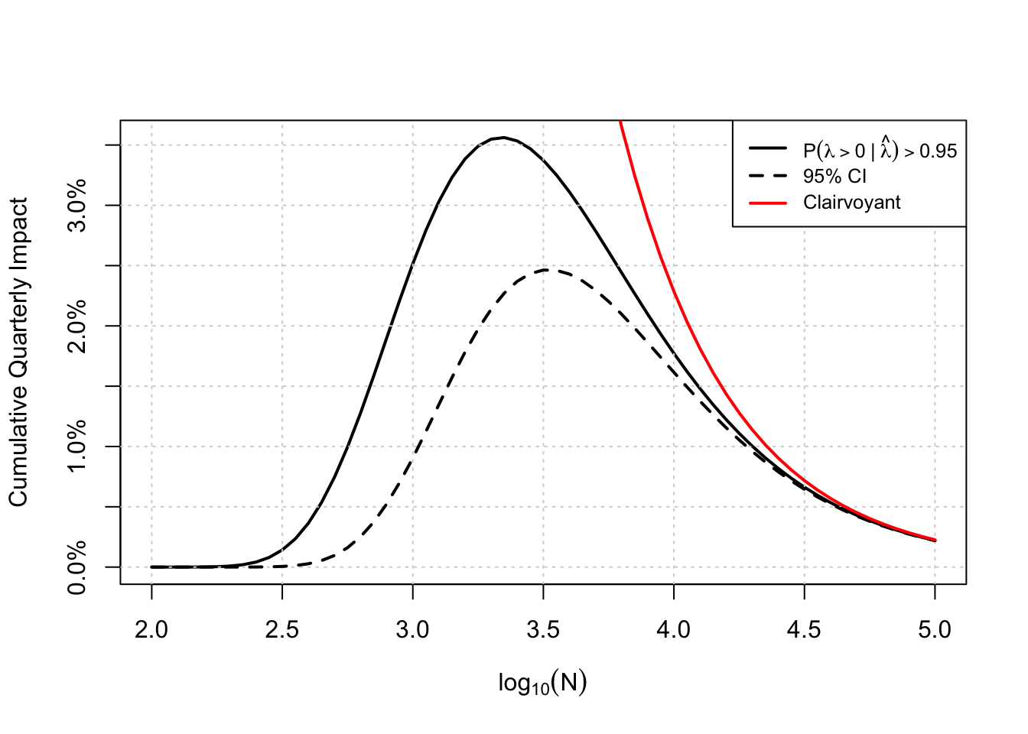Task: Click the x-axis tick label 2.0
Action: click(151, 630)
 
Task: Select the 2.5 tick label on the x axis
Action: click(282, 630)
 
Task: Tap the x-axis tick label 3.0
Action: click(412, 630)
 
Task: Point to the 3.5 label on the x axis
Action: click(543, 630)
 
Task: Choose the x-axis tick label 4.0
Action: click(674, 630)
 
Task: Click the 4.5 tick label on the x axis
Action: click(804, 630)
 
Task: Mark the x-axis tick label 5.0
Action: click(935, 630)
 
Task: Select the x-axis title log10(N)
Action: click(542, 683)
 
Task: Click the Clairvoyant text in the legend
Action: click(851, 203)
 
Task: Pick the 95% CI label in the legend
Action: click(834, 177)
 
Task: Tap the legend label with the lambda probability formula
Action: click(880, 150)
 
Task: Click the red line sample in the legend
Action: click(768, 203)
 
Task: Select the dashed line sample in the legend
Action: click(768, 177)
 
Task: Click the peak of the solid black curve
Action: click(502, 138)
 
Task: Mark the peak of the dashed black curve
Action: click(545, 269)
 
